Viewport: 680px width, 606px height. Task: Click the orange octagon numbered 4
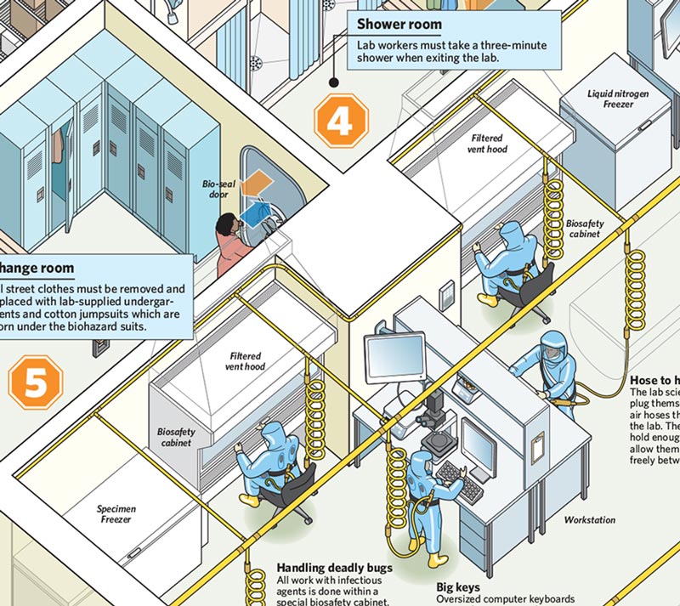tap(340, 122)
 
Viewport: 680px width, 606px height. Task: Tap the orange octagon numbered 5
tap(36, 382)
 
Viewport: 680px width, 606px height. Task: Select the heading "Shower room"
tap(399, 25)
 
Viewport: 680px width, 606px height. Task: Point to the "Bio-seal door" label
tap(215, 189)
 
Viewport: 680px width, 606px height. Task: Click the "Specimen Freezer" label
tap(116, 514)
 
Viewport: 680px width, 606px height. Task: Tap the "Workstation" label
tap(590, 519)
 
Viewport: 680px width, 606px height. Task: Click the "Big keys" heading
tap(458, 587)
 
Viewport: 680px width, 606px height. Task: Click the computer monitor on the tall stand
tap(394, 358)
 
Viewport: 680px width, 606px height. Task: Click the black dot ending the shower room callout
tap(334, 82)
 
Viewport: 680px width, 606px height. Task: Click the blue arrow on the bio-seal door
tap(256, 207)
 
